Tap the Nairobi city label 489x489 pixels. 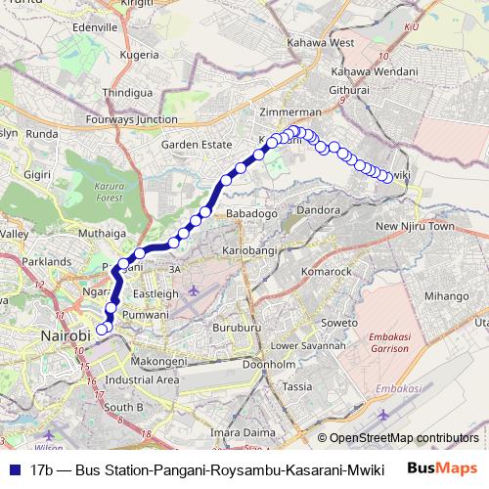click(66, 335)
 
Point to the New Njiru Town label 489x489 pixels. click(416, 227)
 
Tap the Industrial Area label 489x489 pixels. click(142, 379)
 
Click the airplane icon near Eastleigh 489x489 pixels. click(194, 291)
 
